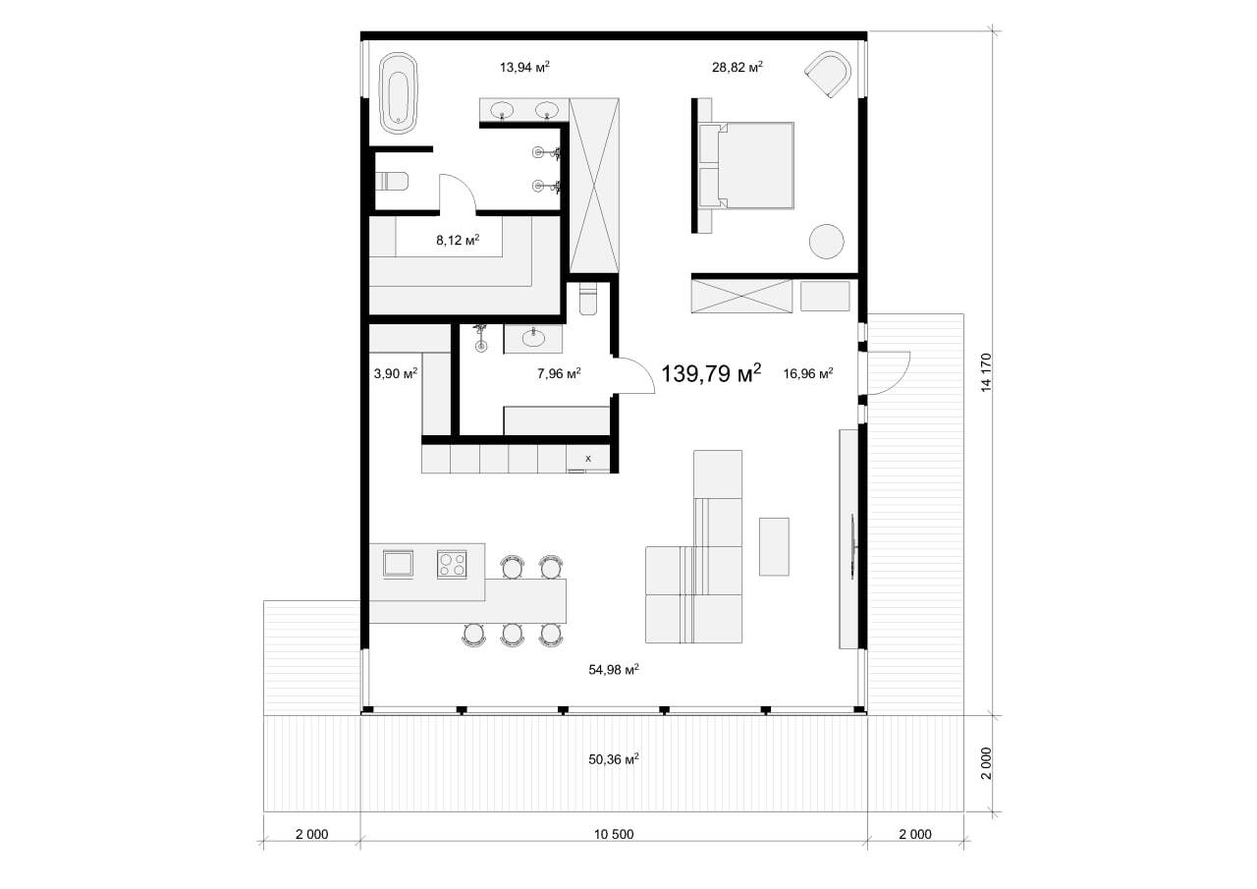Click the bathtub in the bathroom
(x=398, y=93)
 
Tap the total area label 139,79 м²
(x=711, y=372)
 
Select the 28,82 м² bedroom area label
(x=737, y=68)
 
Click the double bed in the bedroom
(x=746, y=166)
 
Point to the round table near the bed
(x=826, y=242)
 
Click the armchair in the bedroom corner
(x=828, y=74)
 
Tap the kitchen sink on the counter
(x=398, y=564)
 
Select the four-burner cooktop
(x=452, y=564)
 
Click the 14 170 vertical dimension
(x=986, y=372)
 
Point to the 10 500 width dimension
(x=614, y=835)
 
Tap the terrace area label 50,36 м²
(x=614, y=759)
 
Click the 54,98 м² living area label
(x=614, y=670)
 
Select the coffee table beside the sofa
(x=774, y=546)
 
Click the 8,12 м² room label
(x=458, y=241)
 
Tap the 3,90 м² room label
(x=396, y=373)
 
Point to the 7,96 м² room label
(x=559, y=373)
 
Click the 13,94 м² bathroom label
(x=524, y=68)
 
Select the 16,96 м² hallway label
(x=808, y=373)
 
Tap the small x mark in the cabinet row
(x=588, y=459)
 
